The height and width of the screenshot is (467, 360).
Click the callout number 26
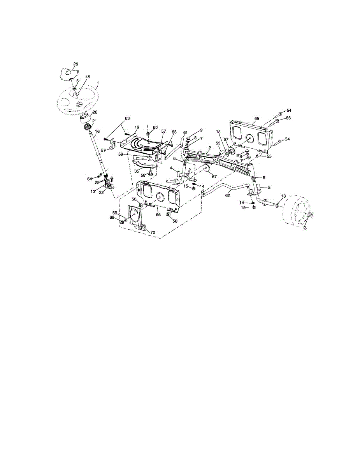(x=76, y=64)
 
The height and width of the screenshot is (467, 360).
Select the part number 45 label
(x=88, y=77)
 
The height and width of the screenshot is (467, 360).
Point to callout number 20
(x=95, y=112)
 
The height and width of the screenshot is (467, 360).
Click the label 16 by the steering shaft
(x=97, y=132)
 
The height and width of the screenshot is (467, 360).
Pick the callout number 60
(x=155, y=128)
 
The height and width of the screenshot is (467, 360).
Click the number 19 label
(x=137, y=127)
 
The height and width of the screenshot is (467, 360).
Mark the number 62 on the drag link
(x=228, y=195)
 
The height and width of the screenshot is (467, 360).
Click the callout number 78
(x=218, y=132)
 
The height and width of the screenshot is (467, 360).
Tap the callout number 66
(x=288, y=118)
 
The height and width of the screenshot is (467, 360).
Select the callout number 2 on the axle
(x=209, y=148)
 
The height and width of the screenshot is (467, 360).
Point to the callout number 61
(x=186, y=132)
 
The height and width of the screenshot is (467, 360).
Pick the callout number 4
(x=170, y=168)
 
